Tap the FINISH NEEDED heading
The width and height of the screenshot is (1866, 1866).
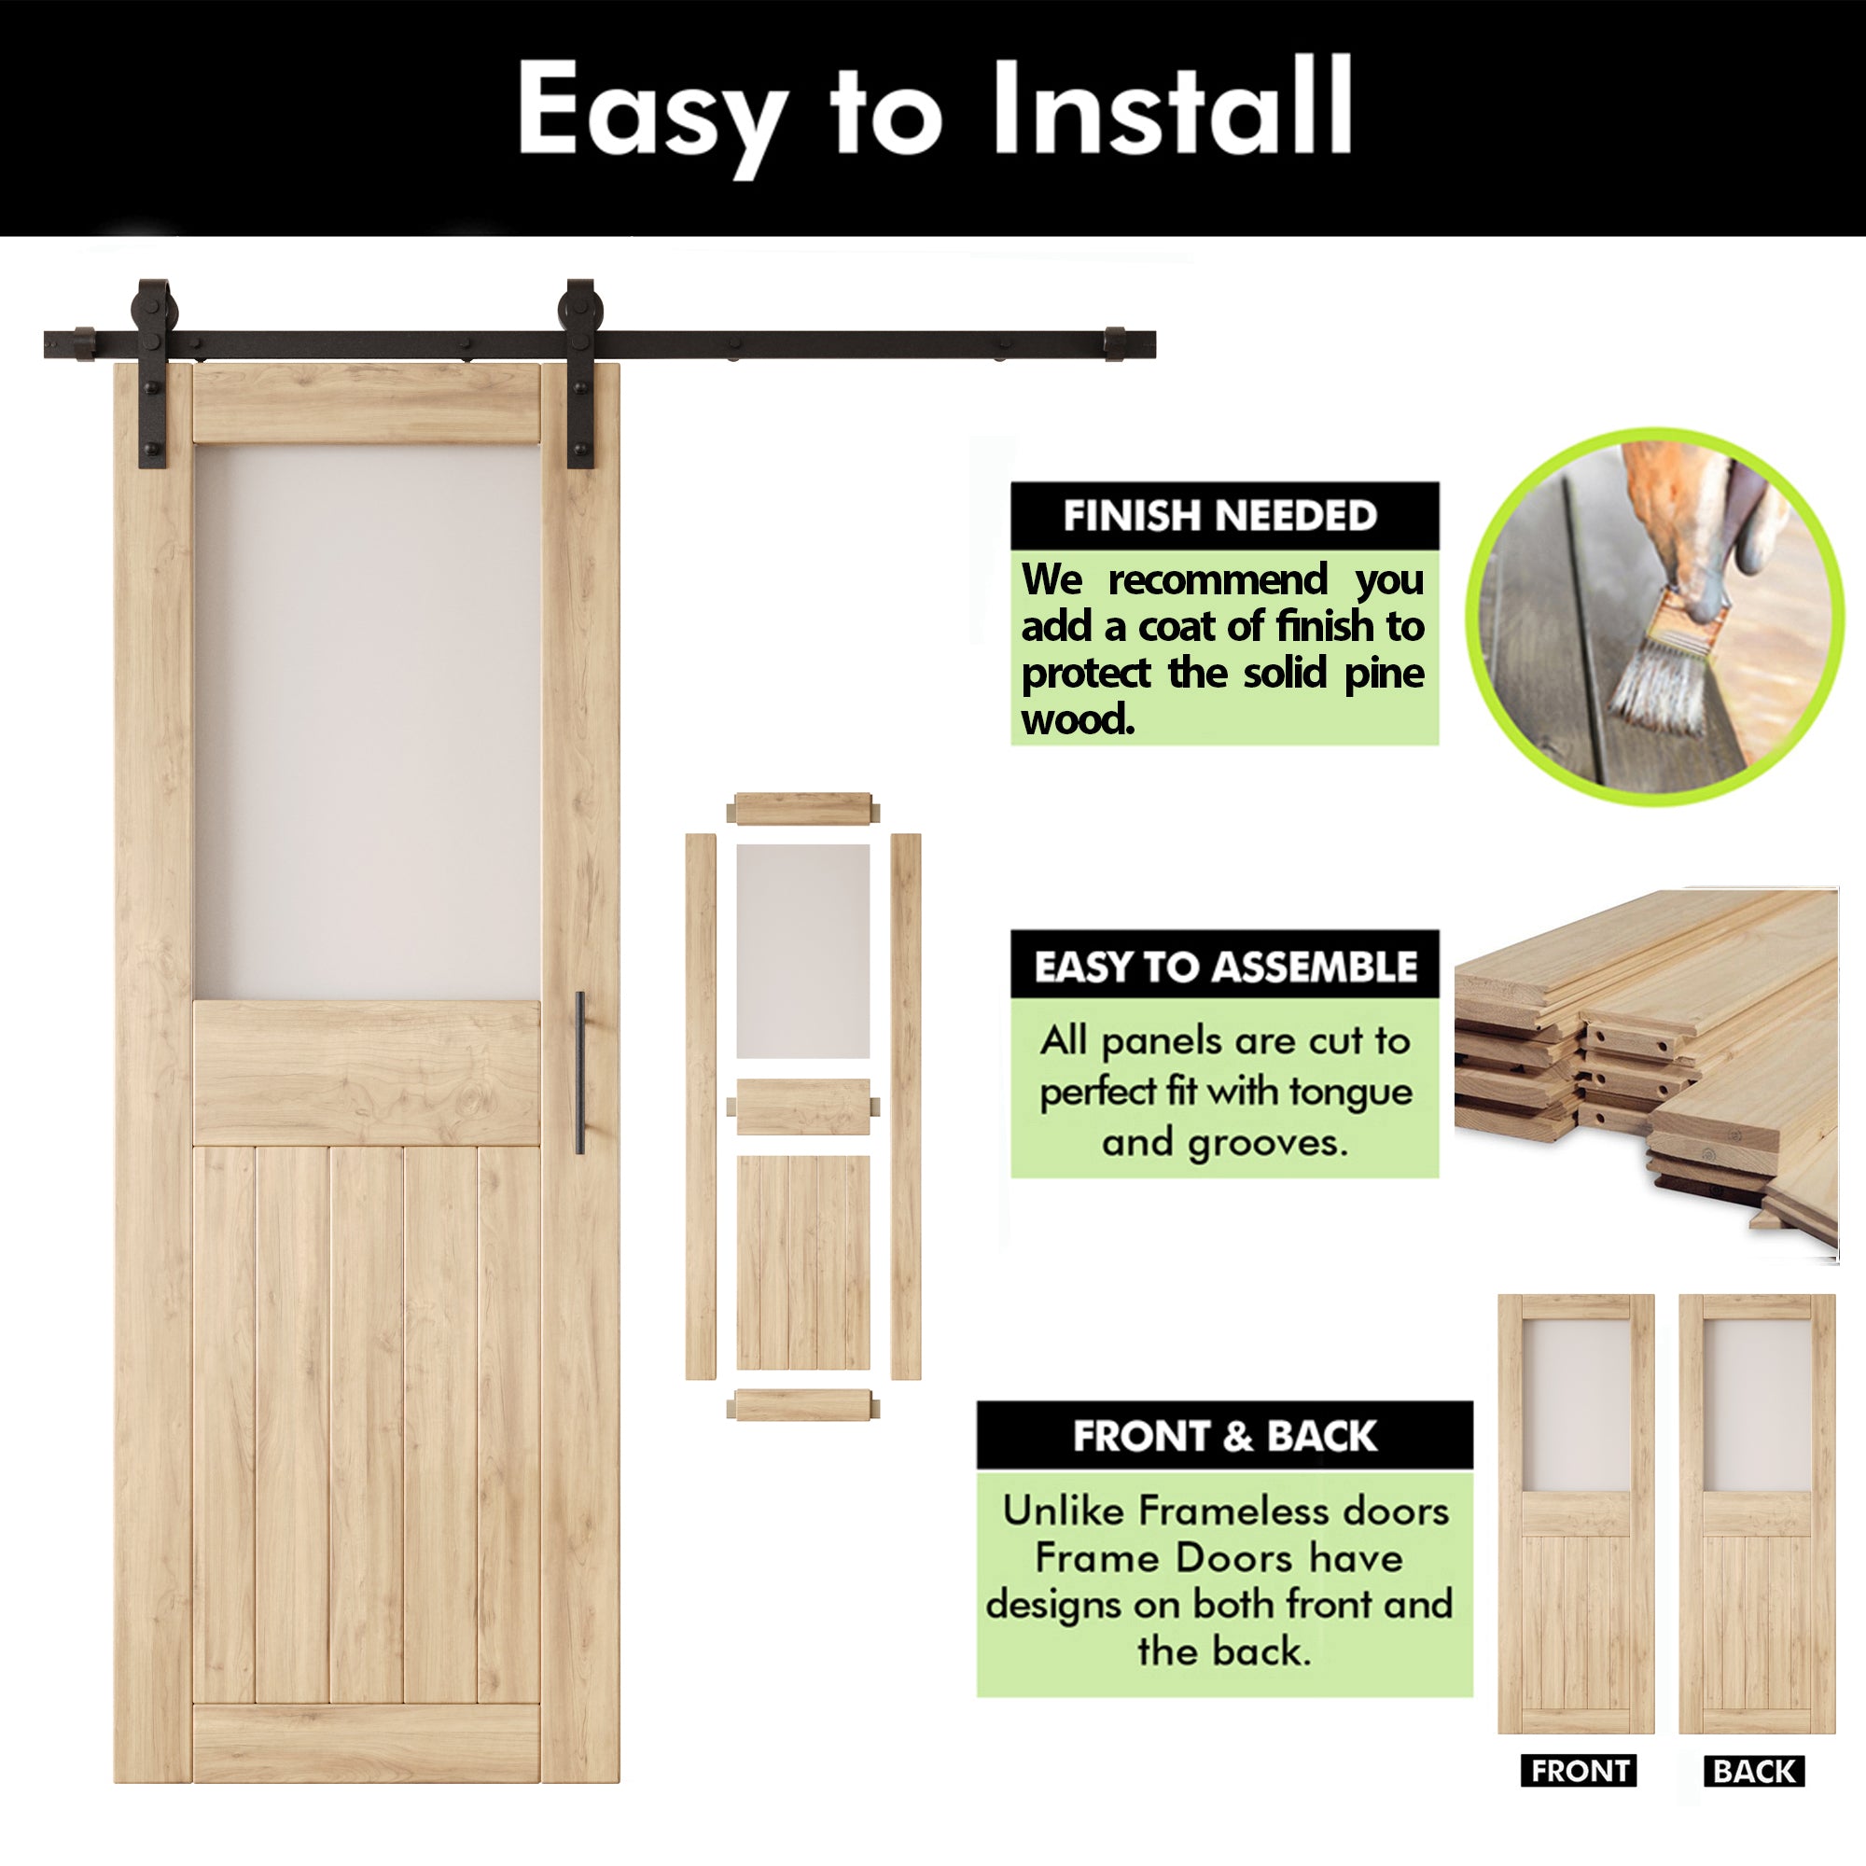(x=1219, y=516)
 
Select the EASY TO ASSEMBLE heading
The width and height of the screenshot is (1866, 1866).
(x=1225, y=967)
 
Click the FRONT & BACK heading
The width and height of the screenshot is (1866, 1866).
(x=1225, y=1436)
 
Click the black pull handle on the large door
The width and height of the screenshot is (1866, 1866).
(x=579, y=1072)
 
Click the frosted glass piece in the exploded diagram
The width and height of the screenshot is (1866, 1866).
(x=802, y=952)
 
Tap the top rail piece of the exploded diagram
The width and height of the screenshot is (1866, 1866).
(x=802, y=807)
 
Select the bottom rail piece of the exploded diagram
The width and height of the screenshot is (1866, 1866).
(x=802, y=1405)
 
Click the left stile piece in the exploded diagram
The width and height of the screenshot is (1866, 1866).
(x=702, y=1106)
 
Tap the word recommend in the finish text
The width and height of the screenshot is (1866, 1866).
(x=1217, y=580)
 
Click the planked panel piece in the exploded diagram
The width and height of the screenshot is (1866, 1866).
(x=802, y=1261)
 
